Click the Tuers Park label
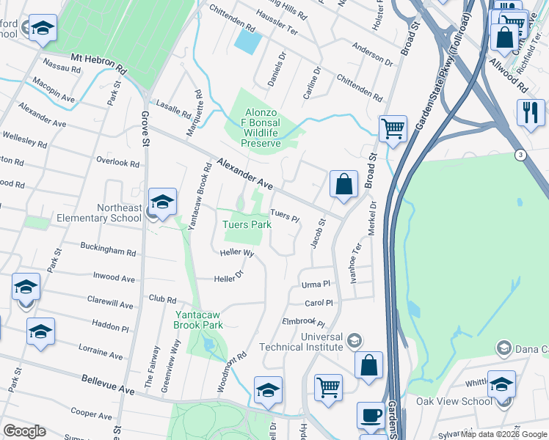coord(247,224)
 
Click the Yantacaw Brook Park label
coord(198,319)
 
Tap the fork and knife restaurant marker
coord(530,112)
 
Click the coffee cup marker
coord(371,416)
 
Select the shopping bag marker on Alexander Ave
coord(343,185)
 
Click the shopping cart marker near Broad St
coord(393,129)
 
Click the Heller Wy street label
coord(237,253)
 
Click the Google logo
coord(24,431)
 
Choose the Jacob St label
coord(318,232)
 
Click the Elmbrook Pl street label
coord(303,321)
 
